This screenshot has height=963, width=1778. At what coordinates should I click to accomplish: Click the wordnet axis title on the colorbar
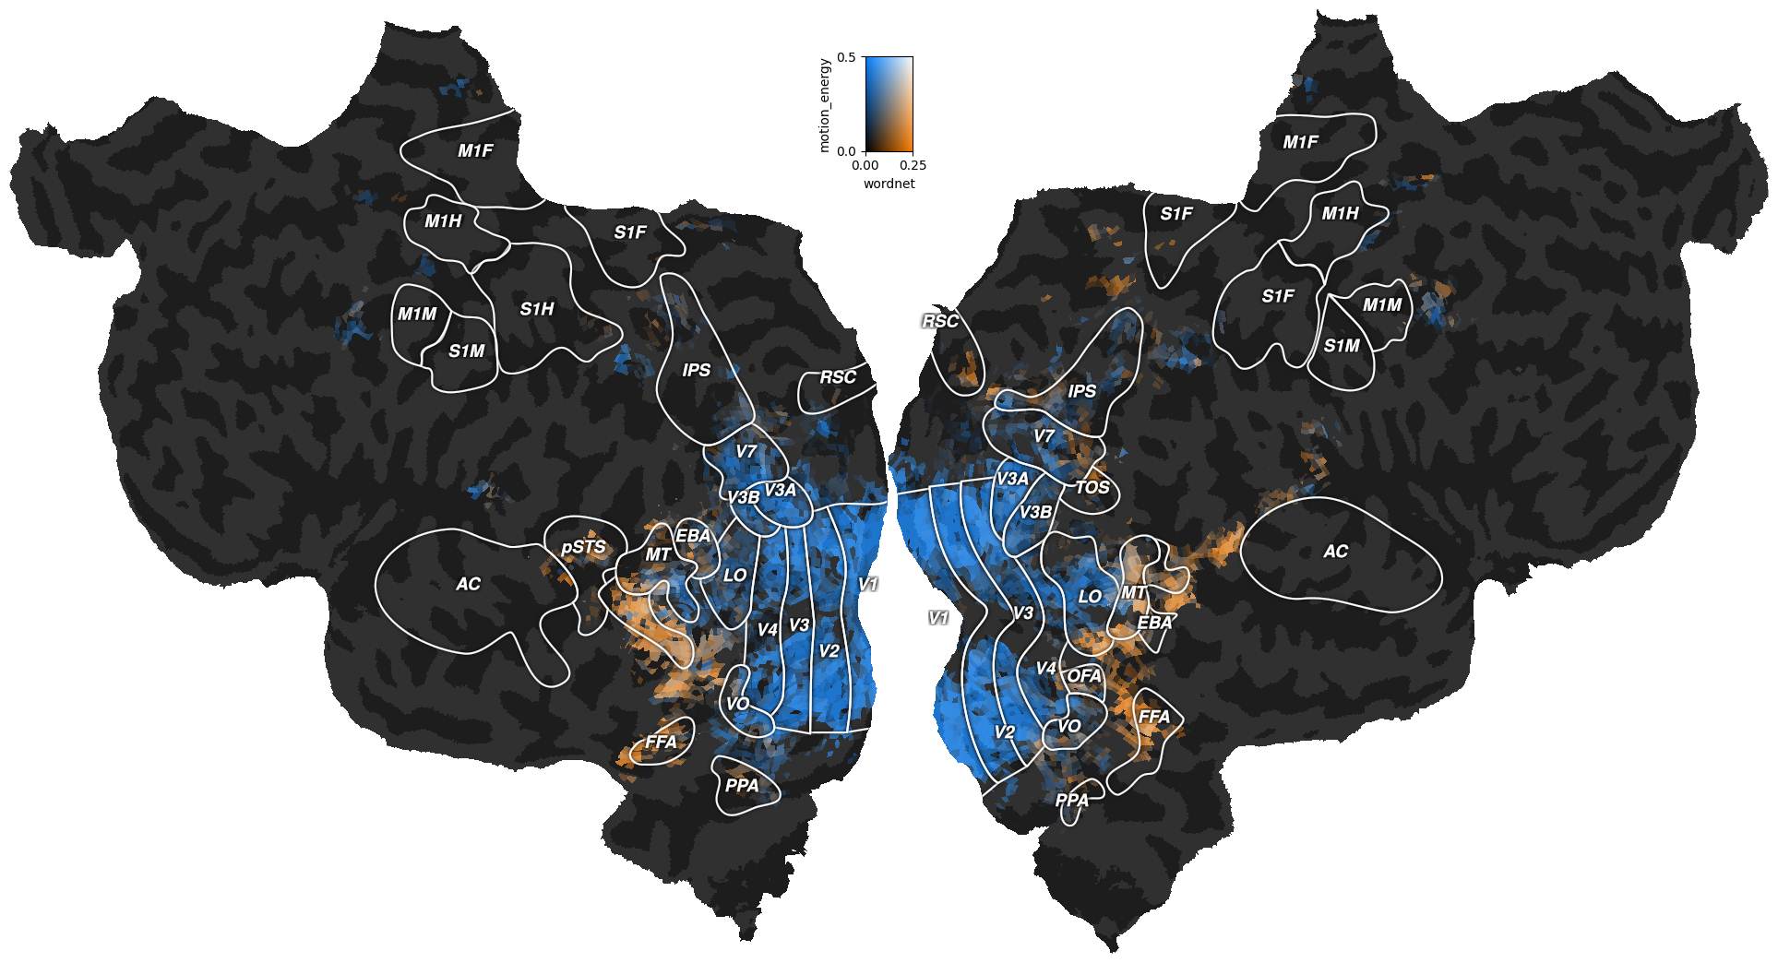(x=889, y=184)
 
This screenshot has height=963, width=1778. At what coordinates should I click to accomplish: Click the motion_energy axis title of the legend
(x=824, y=105)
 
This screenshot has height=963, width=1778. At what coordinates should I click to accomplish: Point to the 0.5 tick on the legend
(x=845, y=57)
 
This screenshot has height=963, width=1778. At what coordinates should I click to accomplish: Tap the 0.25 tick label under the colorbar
(x=913, y=166)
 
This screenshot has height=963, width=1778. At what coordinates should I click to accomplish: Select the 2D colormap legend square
(x=889, y=103)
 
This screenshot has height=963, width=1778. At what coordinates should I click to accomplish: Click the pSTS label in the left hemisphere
(x=583, y=547)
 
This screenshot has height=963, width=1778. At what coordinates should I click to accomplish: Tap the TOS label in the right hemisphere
(x=1092, y=487)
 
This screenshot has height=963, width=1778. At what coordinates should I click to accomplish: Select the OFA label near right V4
(x=1084, y=676)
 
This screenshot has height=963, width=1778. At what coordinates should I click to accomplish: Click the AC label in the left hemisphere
(x=468, y=584)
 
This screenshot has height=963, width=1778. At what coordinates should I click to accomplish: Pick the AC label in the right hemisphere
(x=1335, y=552)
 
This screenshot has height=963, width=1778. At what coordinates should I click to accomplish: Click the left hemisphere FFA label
(x=661, y=742)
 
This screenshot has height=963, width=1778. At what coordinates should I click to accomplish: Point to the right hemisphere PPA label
(x=1072, y=800)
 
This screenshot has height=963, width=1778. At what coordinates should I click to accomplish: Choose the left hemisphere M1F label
(x=475, y=150)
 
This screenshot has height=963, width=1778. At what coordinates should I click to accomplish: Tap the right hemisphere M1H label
(x=1340, y=213)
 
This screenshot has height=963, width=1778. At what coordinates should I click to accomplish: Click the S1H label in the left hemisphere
(x=537, y=309)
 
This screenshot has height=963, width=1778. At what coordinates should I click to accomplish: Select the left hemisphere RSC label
(x=838, y=377)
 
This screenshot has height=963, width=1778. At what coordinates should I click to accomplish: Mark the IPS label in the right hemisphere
(x=1081, y=391)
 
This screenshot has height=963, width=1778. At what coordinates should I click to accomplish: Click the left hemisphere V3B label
(x=743, y=498)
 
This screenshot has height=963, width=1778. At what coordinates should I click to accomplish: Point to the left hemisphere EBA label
(x=693, y=536)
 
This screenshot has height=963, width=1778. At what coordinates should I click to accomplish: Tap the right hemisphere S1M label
(x=1342, y=346)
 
